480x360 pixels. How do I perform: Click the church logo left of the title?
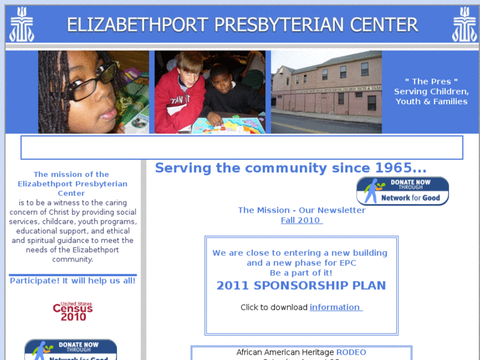(x=21, y=24)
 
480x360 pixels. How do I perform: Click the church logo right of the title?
(x=464, y=24)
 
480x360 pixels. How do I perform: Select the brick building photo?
(x=326, y=92)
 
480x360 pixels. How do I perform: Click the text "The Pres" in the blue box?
(x=431, y=82)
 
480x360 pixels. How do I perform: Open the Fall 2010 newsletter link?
(x=302, y=221)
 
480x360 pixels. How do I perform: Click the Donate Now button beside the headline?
(x=402, y=191)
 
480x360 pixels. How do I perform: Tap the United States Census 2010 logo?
(x=73, y=311)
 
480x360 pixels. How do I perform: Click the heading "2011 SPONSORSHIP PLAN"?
(x=301, y=286)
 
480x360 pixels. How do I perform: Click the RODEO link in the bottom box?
(x=351, y=352)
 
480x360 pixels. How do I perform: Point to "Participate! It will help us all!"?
(x=73, y=281)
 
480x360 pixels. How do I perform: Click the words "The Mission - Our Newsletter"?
(x=301, y=210)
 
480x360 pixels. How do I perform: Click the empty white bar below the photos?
(x=241, y=148)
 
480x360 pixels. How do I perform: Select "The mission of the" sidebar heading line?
(x=71, y=175)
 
